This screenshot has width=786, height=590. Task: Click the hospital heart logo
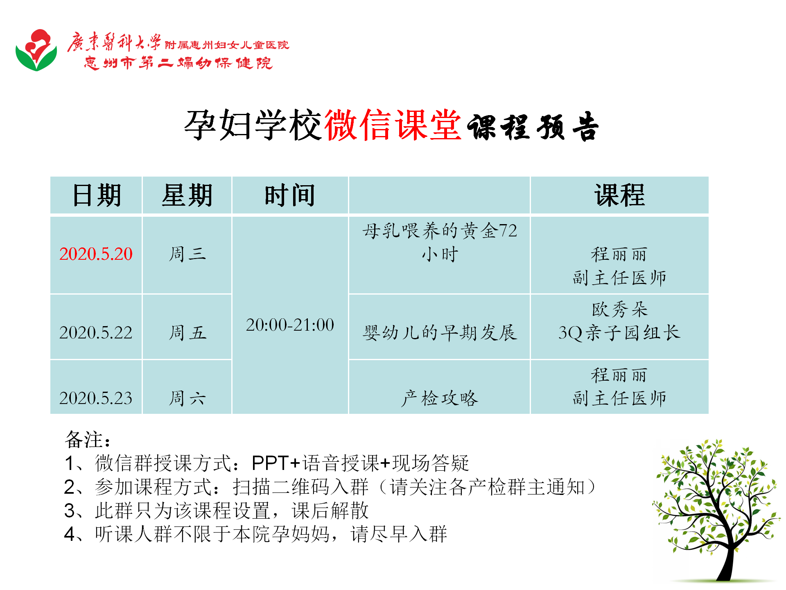[36, 50]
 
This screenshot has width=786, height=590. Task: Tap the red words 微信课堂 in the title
[393, 125]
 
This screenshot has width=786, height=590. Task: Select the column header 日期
[97, 195]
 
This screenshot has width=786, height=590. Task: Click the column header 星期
[187, 195]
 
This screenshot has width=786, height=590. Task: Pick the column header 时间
[290, 195]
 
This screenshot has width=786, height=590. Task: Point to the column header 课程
[619, 195]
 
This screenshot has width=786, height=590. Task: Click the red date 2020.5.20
[96, 254]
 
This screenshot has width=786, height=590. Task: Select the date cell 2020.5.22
[96, 333]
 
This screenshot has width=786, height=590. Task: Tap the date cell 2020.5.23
[96, 398]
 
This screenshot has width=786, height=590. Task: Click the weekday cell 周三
[187, 254]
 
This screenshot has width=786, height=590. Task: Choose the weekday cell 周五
[187, 333]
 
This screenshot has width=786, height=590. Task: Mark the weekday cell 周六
[187, 398]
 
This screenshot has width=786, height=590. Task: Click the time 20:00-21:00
[290, 325]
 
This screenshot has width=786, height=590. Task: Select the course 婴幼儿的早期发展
[440, 333]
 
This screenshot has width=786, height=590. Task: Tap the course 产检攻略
[440, 398]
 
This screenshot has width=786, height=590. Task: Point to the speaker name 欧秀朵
[619, 309]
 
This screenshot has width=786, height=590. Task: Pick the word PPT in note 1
[270, 463]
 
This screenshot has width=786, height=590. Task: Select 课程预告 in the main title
[533, 126]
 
